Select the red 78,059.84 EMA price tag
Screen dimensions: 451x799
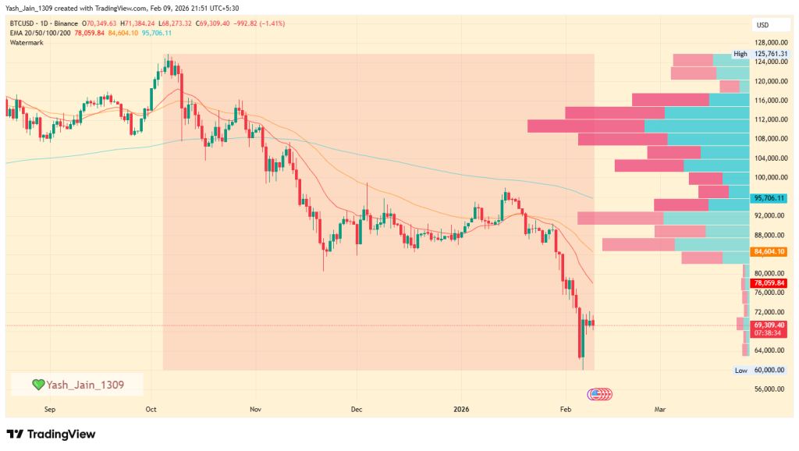[769, 282]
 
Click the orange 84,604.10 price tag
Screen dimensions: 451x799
[769, 251]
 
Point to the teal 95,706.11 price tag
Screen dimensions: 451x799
[769, 199]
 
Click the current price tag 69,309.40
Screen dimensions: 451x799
[769, 325]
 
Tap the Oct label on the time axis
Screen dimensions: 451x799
[151, 408]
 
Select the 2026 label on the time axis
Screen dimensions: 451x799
[460, 408]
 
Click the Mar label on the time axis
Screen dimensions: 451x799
[660, 408]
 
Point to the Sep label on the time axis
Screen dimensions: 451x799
[51, 408]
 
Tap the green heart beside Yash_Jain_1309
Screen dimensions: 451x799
[38, 384]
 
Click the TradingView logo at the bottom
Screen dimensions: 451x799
[50, 434]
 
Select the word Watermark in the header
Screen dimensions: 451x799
[28, 42]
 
